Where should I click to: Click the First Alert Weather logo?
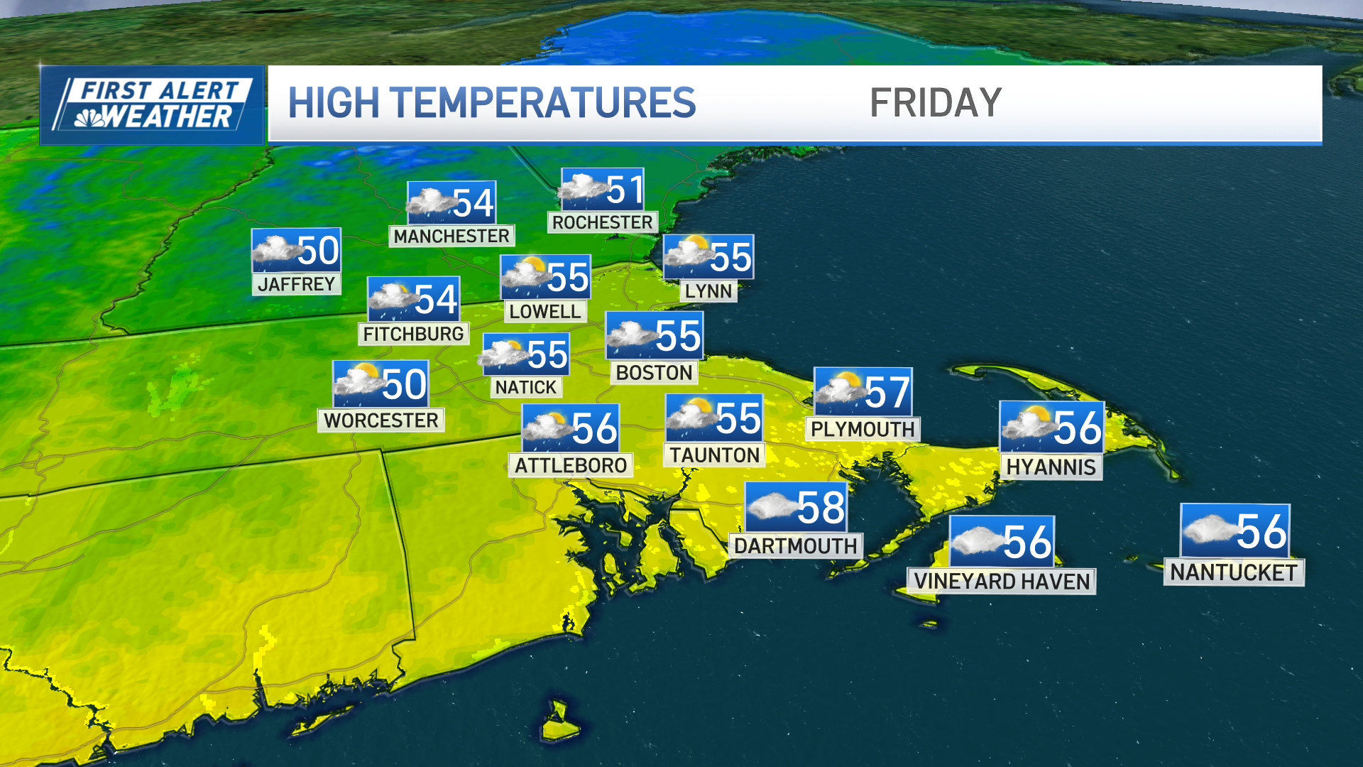tap(152, 105)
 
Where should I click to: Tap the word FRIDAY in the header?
tap(935, 104)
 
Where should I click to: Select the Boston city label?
tap(654, 373)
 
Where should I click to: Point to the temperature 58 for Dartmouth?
tap(821, 508)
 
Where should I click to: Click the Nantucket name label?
tap(1234, 572)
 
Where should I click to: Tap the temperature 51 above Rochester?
tap(625, 190)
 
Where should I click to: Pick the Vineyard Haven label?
tap(1002, 582)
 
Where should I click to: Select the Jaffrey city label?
tap(296, 284)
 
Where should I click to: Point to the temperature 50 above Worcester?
tap(404, 384)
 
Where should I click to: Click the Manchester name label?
tap(451, 236)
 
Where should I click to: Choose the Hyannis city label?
tap(1051, 467)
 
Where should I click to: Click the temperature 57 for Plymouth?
tap(887, 392)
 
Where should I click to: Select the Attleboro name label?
tap(571, 466)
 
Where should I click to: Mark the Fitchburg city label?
tap(413, 334)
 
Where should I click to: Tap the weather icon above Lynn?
tap(687, 254)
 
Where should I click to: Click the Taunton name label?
tap(714, 455)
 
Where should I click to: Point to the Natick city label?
tap(525, 387)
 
